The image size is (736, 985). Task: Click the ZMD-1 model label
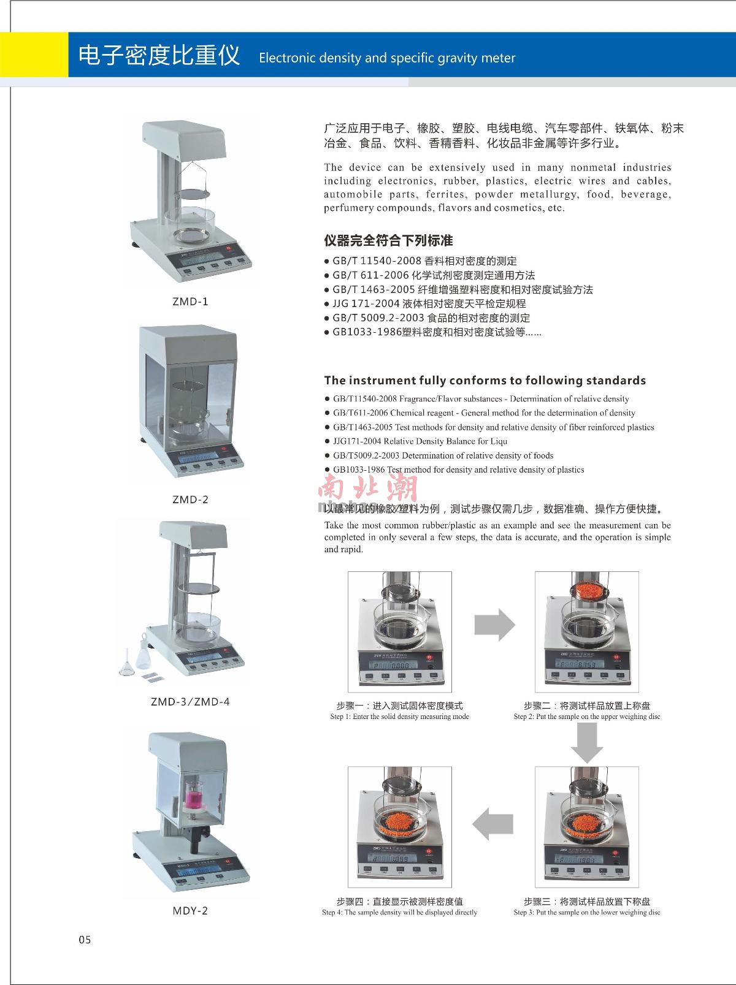tap(190, 302)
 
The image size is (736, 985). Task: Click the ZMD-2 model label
tap(190, 500)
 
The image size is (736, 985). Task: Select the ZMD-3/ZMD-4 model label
tap(190, 702)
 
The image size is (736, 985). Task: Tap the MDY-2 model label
tap(190, 911)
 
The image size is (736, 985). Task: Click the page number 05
tap(85, 940)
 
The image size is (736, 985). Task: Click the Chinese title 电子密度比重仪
tap(159, 56)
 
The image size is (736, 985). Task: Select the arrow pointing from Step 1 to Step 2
tap(494, 625)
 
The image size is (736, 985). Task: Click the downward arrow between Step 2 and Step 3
tap(587, 742)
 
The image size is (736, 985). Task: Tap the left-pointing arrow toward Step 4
tap(493, 823)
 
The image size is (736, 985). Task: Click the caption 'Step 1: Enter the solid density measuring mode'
tap(399, 717)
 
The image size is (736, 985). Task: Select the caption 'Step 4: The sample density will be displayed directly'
tap(399, 913)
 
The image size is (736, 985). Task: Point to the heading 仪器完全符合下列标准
tap(388, 240)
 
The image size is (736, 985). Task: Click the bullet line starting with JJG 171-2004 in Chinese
tap(429, 303)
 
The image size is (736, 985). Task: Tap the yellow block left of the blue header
tap(34, 55)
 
